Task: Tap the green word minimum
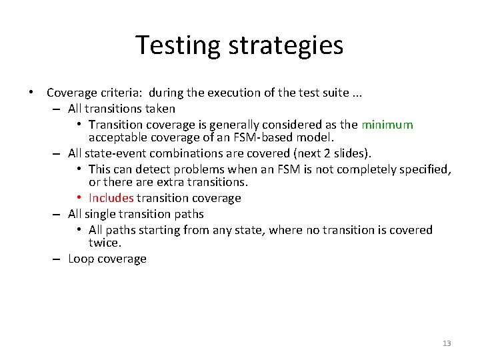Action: click(387, 125)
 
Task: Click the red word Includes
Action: click(111, 198)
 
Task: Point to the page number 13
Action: click(447, 343)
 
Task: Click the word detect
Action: click(155, 169)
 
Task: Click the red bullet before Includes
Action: click(79, 198)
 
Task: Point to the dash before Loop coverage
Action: click(57, 259)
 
